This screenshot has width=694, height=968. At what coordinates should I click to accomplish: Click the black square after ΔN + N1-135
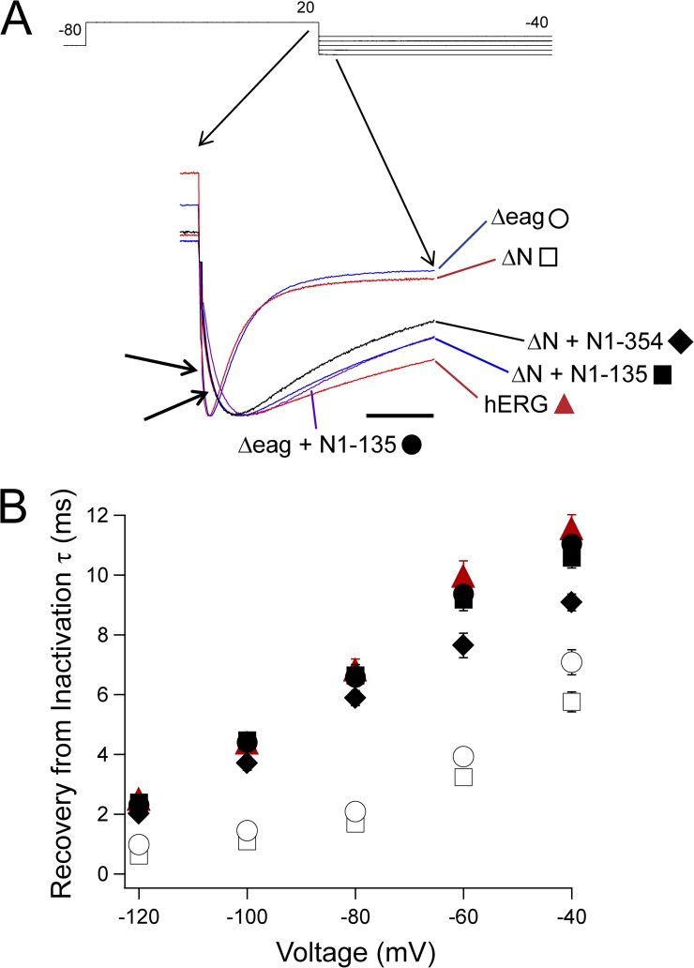(662, 373)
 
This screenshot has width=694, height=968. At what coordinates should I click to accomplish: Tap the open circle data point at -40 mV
(571, 662)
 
